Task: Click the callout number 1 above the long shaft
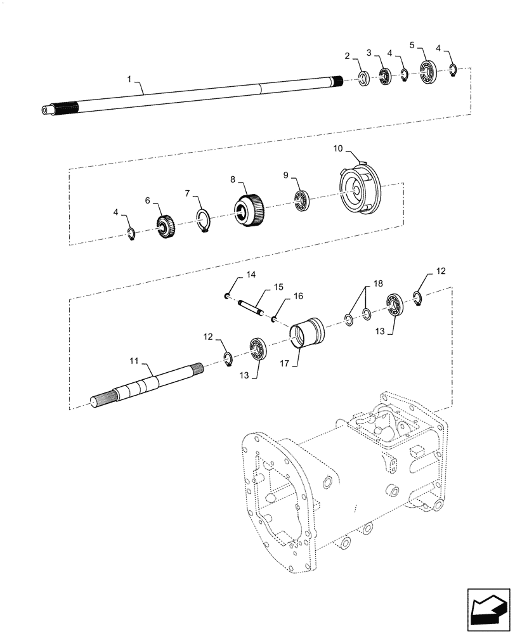click(x=129, y=79)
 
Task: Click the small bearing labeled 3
click(x=385, y=77)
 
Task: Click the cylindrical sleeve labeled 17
click(x=307, y=333)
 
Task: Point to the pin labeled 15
click(x=252, y=307)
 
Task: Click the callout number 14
click(x=251, y=275)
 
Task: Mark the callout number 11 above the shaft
click(x=134, y=360)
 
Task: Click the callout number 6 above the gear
click(x=147, y=200)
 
